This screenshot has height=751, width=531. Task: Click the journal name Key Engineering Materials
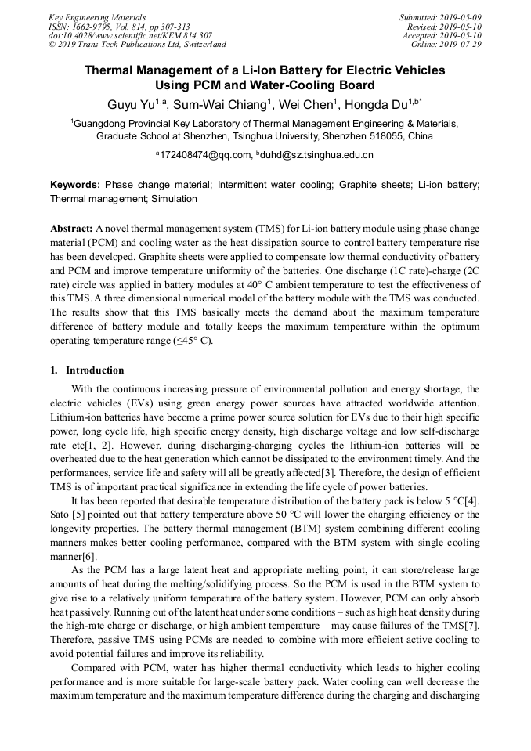96,17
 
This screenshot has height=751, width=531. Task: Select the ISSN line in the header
119,27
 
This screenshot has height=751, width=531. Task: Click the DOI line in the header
130,35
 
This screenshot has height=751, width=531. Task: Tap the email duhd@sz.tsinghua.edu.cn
317,155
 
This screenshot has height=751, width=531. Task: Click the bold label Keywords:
75,185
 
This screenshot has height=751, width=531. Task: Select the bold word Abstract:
72,227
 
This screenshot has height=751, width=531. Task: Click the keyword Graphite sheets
377,185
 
